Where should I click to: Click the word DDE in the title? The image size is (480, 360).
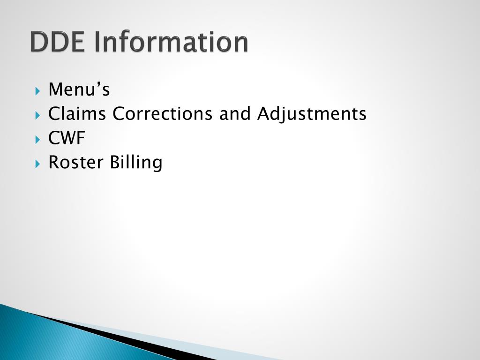click(58, 42)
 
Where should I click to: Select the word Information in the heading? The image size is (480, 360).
click(171, 42)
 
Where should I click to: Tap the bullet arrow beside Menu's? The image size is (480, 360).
click(38, 90)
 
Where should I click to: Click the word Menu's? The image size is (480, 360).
click(79, 89)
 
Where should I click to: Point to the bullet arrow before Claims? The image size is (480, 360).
click(38, 114)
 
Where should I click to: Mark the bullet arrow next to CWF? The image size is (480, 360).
click(38, 139)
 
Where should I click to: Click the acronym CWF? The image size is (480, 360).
click(67, 138)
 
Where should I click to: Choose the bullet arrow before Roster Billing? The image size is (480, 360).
click(38, 163)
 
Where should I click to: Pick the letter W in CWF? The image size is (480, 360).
click(67, 138)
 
